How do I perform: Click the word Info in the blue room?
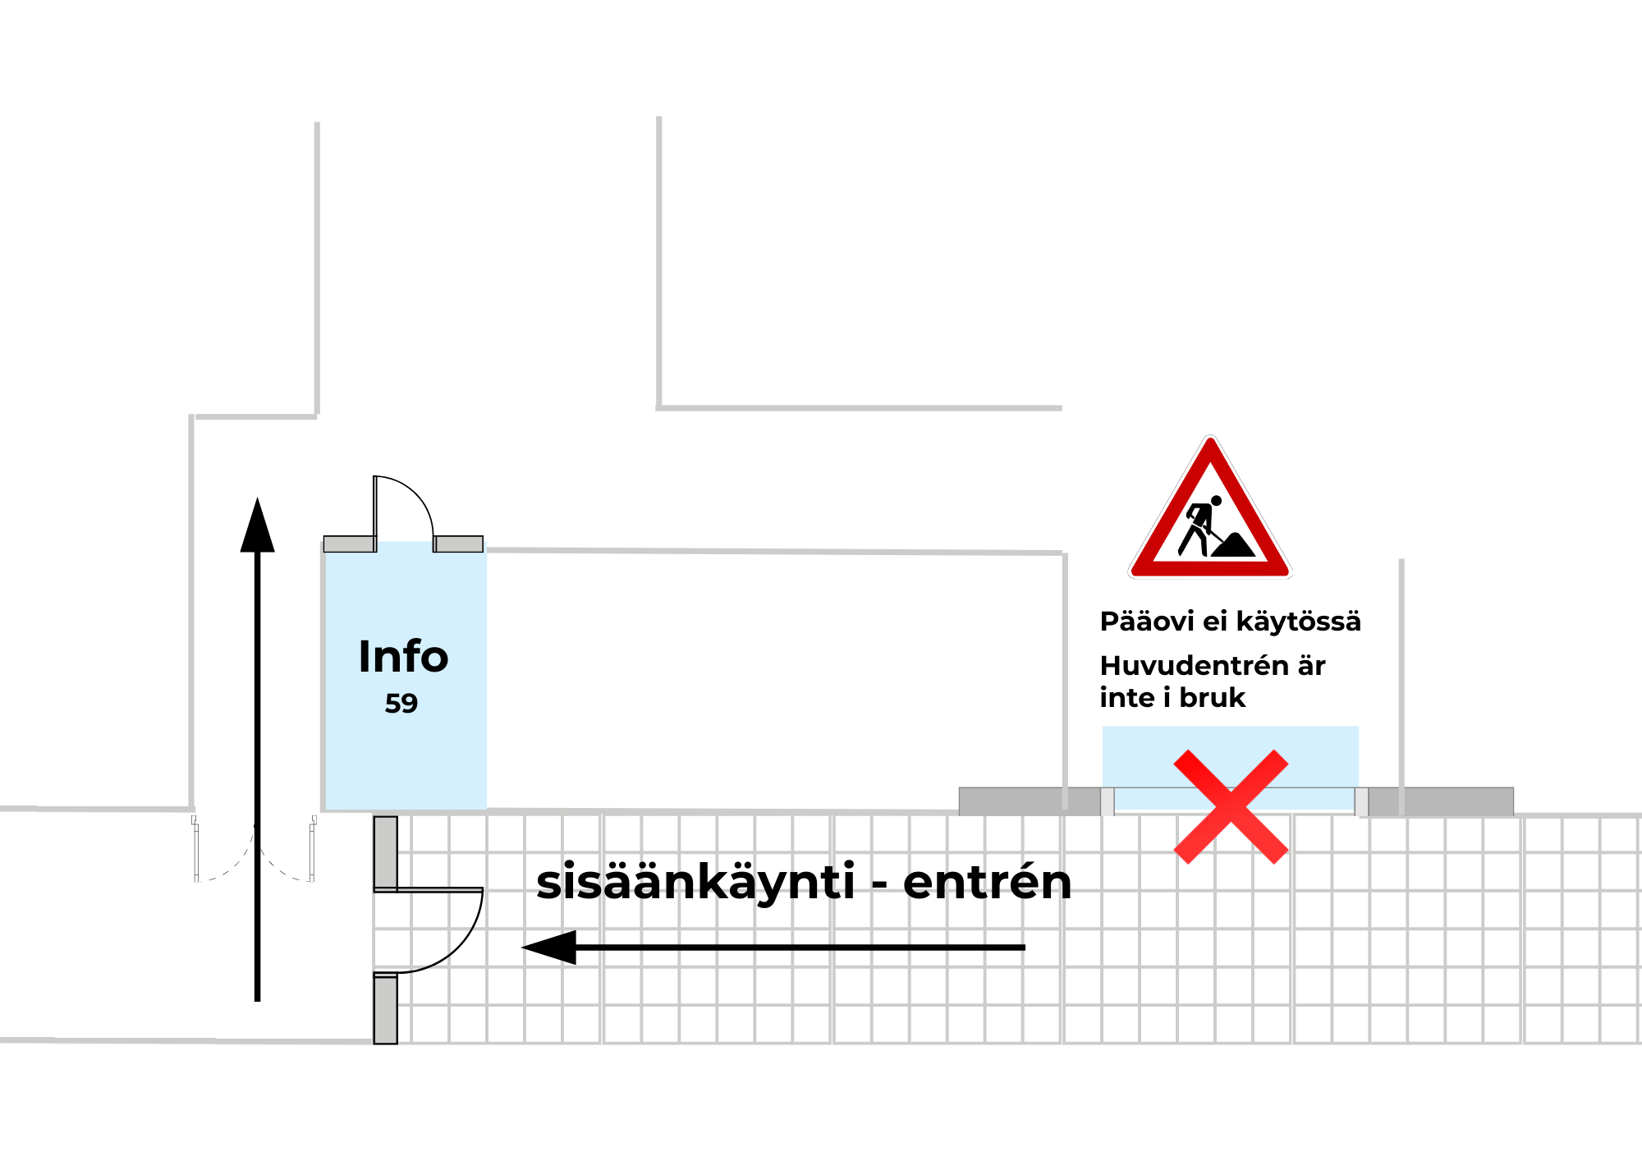403,657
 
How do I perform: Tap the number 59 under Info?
401,704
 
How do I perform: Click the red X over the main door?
1231,806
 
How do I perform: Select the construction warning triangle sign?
1209,513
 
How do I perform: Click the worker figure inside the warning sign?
1200,526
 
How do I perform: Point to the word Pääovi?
1147,622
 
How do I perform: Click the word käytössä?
1298,622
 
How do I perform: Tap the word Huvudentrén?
1195,665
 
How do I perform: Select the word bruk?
1213,698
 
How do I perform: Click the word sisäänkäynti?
695,883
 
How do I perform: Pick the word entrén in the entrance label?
988,883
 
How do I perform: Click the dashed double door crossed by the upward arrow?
255,850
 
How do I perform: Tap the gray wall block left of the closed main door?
1030,801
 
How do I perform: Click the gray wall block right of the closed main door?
1441,801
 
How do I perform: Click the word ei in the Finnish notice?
1215,622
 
